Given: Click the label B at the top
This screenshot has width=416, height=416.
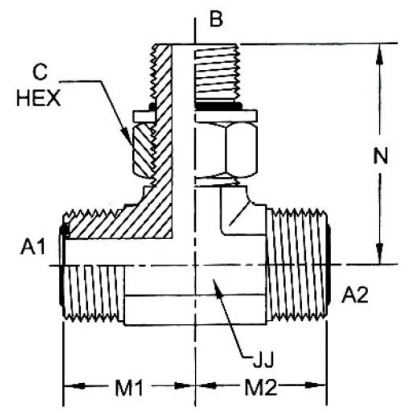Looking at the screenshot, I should click(x=216, y=19).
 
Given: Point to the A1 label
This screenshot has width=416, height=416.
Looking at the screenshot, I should click(x=33, y=248).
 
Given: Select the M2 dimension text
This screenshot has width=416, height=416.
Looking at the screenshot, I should click(x=262, y=389).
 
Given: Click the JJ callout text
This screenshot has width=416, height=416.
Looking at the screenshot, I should click(x=262, y=362).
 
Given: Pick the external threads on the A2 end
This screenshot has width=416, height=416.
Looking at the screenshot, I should click(x=299, y=266).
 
